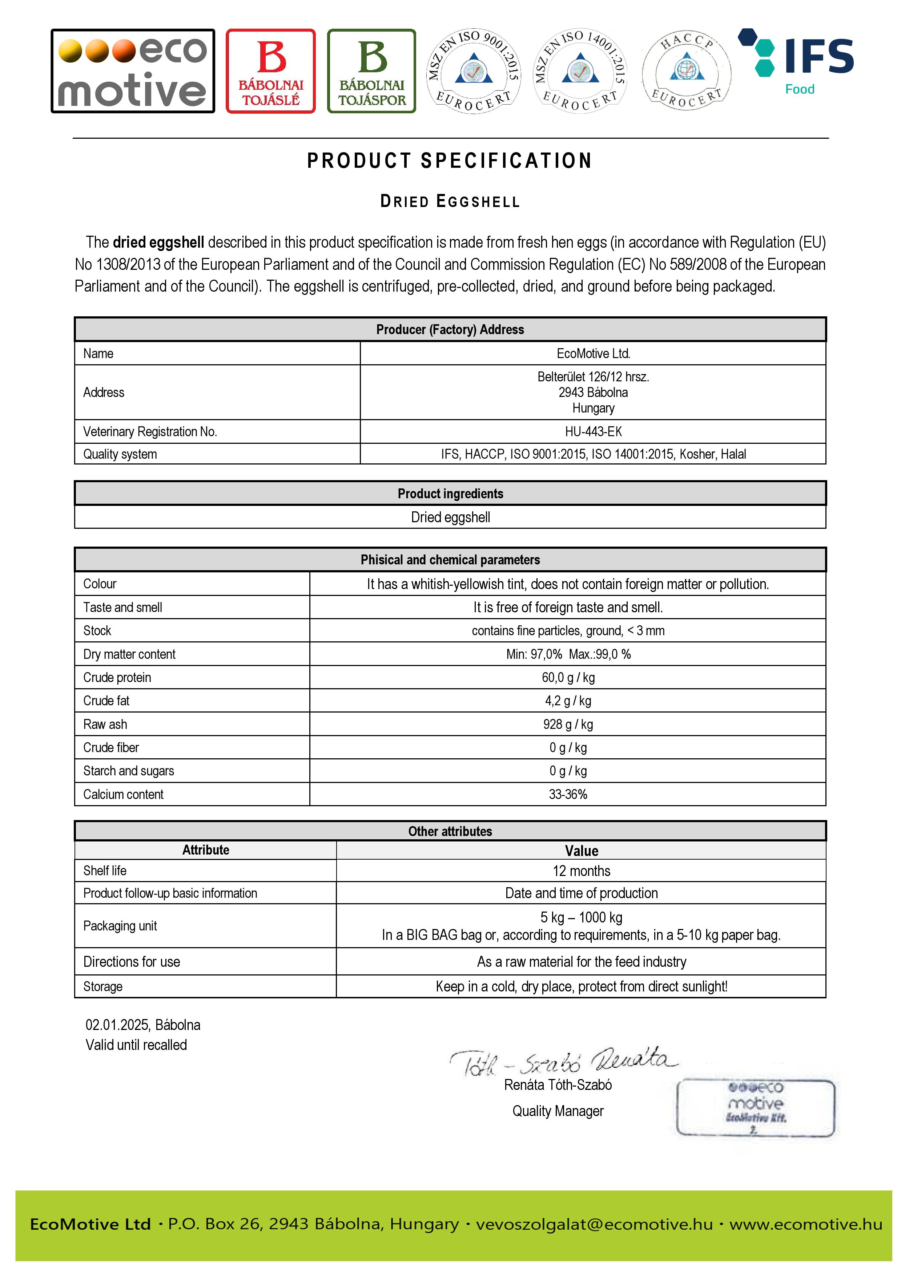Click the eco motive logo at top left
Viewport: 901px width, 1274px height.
click(133, 71)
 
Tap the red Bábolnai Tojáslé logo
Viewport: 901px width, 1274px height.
click(270, 71)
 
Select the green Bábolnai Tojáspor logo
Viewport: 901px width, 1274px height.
click(371, 71)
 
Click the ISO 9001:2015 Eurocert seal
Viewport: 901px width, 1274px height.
click(474, 71)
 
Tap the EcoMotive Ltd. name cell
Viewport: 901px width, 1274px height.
click(593, 353)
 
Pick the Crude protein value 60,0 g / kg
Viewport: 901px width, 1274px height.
click(568, 678)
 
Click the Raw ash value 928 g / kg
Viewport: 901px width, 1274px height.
click(568, 724)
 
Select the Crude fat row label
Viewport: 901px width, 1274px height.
click(106, 701)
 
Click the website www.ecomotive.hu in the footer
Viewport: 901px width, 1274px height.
click(805, 1224)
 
